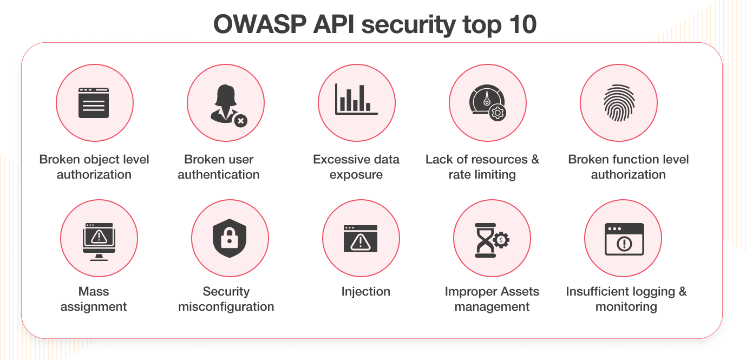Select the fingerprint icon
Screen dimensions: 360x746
pos(618,103)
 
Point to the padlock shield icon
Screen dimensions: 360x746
pos(230,238)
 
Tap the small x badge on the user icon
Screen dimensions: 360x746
pos(240,120)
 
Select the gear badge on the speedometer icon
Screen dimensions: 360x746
pos(497,113)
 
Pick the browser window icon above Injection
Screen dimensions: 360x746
pos(361,239)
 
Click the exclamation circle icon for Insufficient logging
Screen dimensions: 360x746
pos(624,244)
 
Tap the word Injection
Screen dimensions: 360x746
pos(365,291)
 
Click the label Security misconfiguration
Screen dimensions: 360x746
pos(226,299)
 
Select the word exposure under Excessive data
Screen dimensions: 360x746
pos(356,174)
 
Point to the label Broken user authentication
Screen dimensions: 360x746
pos(219,167)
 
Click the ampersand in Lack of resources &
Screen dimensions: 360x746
pos(534,159)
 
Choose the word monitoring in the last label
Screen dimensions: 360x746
pos(626,306)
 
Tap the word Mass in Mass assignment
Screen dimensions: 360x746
pos(94,291)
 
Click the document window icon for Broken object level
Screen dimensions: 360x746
pos(94,103)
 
